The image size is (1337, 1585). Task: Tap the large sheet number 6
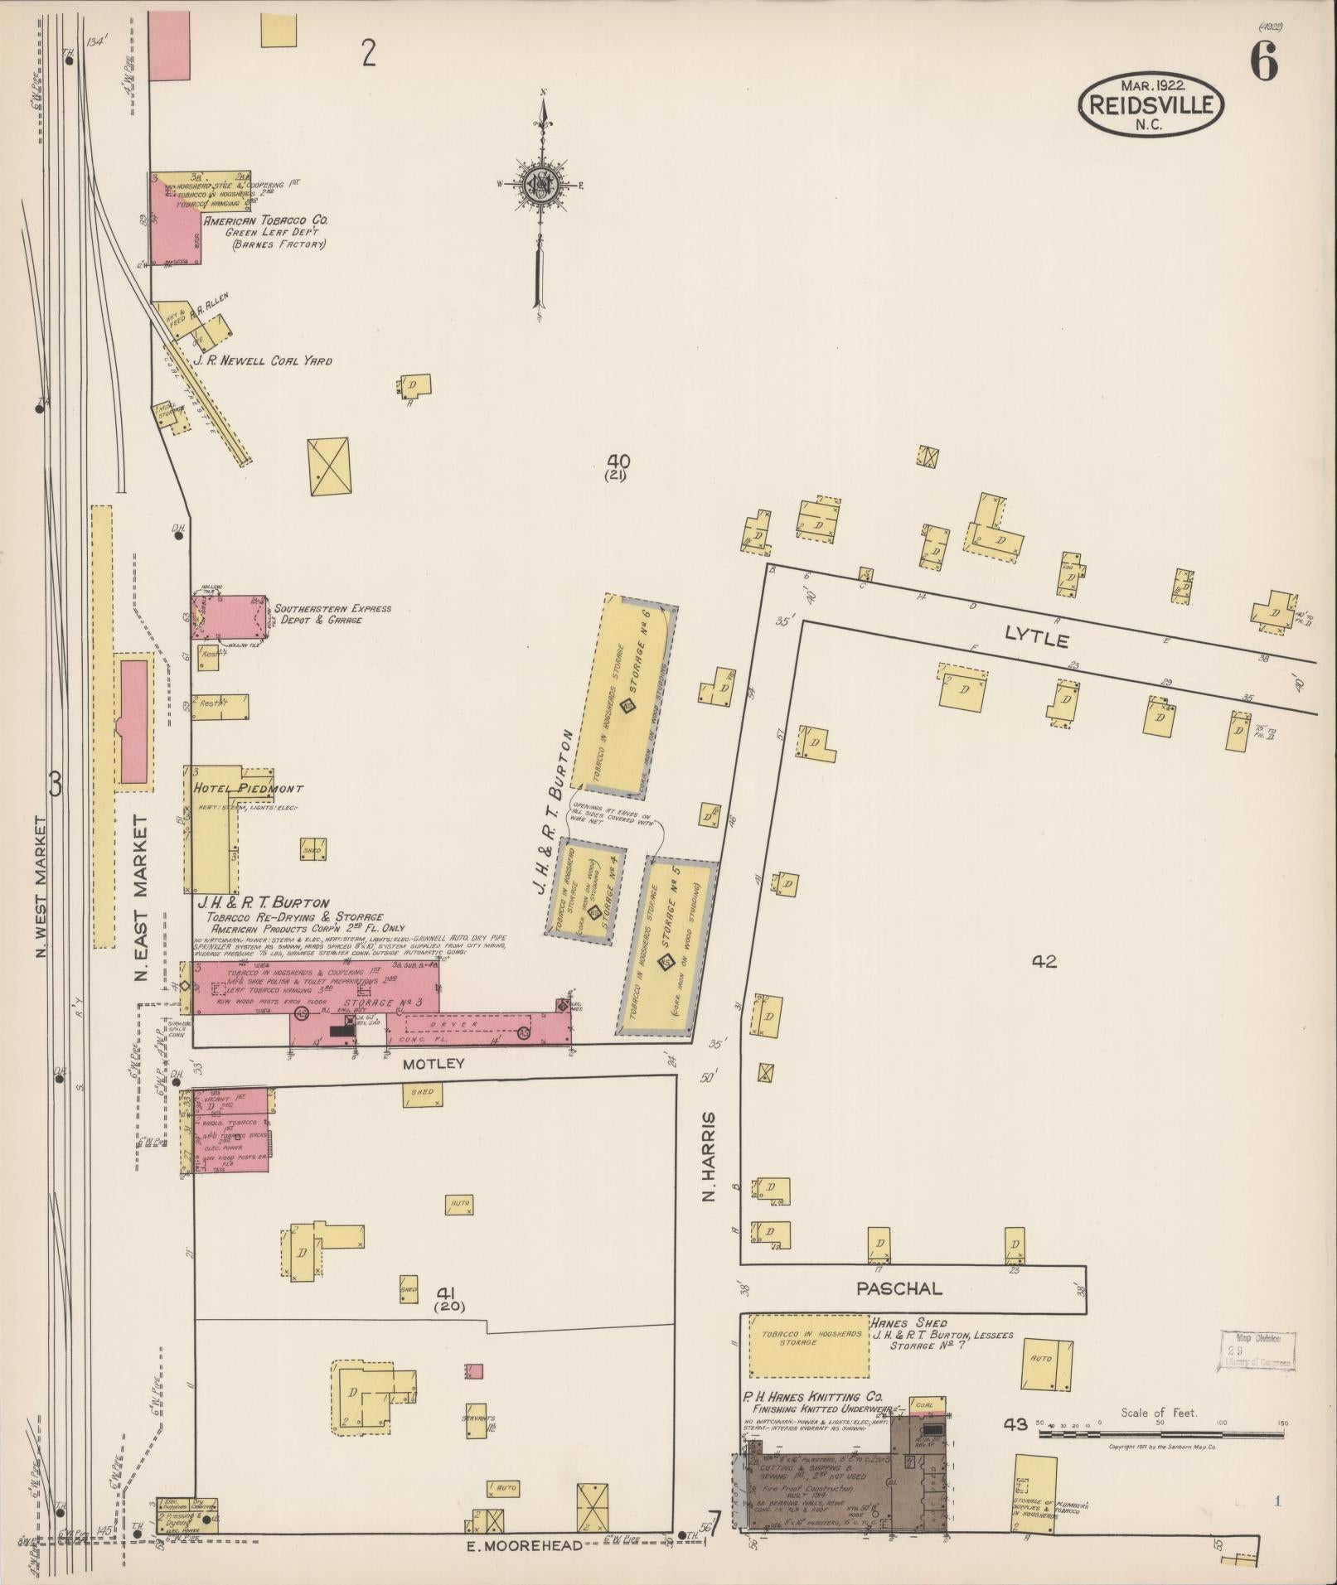point(1263,61)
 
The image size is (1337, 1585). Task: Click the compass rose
point(540,187)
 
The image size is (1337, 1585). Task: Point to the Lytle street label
point(1036,638)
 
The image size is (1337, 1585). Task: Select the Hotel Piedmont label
point(248,789)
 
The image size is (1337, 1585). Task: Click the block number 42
point(1044,962)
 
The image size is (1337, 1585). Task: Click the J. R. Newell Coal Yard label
point(262,361)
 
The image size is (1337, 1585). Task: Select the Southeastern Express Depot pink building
point(230,617)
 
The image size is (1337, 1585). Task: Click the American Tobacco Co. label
point(265,221)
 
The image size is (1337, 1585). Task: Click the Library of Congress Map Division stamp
point(1257,1351)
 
